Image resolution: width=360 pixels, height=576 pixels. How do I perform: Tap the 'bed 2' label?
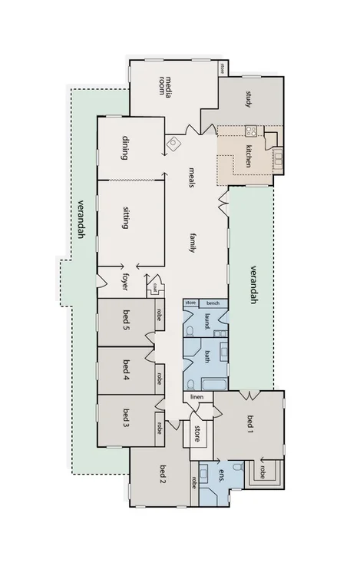[x=163, y=475]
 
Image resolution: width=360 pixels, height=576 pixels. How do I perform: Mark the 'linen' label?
[x=197, y=396]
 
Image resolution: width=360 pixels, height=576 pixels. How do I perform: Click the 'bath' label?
[x=207, y=356]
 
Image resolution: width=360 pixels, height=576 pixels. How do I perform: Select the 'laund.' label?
[x=207, y=321]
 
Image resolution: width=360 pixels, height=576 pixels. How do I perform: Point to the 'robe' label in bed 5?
[x=159, y=314]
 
